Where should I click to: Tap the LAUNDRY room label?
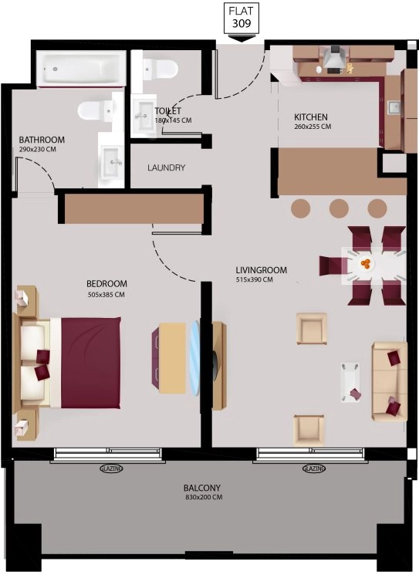[166, 167]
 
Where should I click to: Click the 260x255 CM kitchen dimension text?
[313, 127]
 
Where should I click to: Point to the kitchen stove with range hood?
[334, 60]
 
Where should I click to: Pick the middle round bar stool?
[338, 208]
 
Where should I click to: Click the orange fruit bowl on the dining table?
[366, 264]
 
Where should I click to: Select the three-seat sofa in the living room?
[389, 381]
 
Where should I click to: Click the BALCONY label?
[202, 488]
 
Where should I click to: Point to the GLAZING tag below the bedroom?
[113, 468]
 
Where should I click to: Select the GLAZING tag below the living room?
[314, 468]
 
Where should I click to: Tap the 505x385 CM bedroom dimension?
[106, 294]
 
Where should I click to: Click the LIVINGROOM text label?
[261, 270]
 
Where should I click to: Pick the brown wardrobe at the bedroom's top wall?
[134, 209]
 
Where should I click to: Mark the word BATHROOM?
[42, 140]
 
